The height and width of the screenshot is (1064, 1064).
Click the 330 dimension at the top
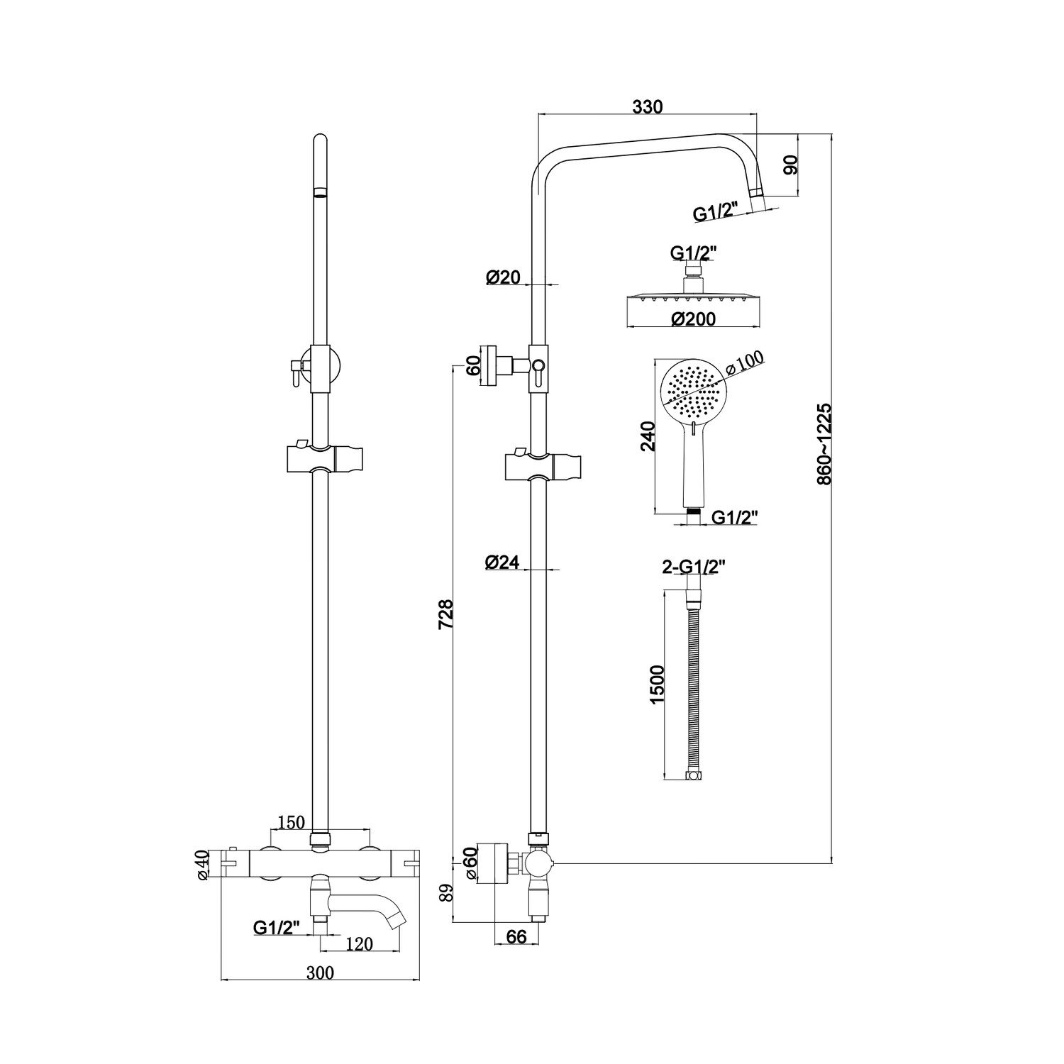647,107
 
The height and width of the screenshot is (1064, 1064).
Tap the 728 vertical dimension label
445,614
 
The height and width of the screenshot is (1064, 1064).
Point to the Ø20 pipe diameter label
503,278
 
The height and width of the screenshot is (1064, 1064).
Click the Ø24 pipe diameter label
502,563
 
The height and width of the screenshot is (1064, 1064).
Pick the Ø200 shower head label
693,319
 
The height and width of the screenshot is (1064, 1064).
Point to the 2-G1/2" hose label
694,567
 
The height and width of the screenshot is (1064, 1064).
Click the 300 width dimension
320,972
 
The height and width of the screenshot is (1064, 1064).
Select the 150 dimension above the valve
291,822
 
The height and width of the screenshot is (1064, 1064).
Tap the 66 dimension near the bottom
517,936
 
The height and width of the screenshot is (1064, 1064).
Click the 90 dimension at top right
791,165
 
